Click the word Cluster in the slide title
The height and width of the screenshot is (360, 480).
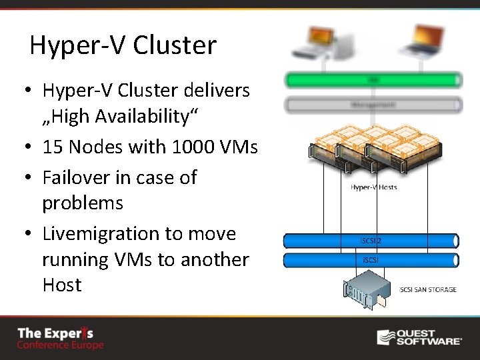click(175, 45)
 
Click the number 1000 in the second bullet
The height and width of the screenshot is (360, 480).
click(193, 147)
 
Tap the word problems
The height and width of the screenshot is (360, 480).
click(83, 202)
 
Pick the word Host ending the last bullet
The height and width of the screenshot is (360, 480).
click(61, 285)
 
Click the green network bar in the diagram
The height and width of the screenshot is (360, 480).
click(373, 81)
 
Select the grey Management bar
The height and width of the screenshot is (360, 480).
click(373, 105)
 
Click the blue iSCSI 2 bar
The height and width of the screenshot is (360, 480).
click(371, 241)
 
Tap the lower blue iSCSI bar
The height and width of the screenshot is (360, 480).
click(371, 260)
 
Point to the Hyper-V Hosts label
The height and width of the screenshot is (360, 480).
click(373, 187)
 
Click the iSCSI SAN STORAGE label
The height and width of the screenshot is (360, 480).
click(427, 289)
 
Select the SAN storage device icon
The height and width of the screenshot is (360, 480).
click(365, 289)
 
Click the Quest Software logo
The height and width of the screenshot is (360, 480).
click(419, 337)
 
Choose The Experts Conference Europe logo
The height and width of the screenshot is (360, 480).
click(60, 338)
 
